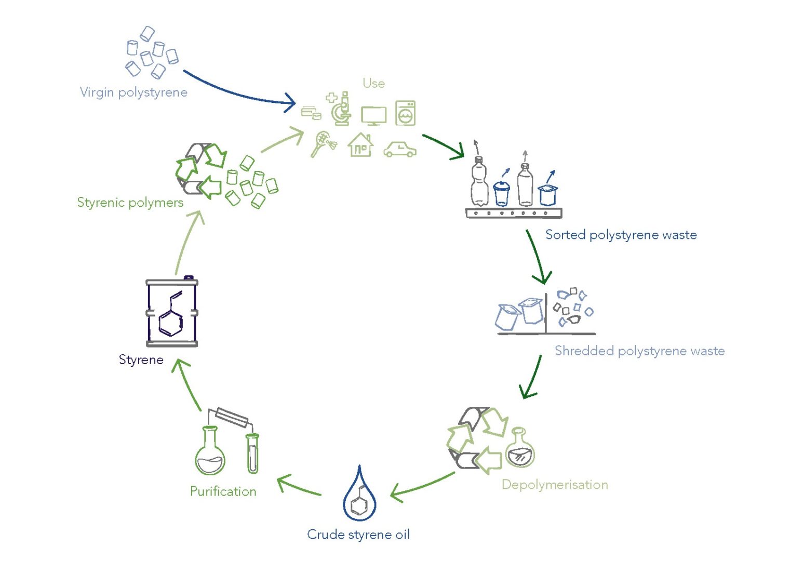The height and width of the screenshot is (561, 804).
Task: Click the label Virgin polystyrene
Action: click(133, 92)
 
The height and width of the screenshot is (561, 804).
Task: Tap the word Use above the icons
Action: click(373, 83)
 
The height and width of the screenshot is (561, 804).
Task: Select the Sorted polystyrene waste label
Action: click(621, 235)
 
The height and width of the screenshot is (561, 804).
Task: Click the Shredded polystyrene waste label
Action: click(639, 351)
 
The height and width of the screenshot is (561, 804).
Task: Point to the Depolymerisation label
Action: click(554, 485)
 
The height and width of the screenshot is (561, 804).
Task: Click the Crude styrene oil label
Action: click(358, 535)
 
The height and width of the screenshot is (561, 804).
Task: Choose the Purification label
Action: click(223, 491)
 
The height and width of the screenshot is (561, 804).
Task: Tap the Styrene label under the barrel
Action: click(141, 360)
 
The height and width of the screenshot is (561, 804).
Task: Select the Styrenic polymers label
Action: click(130, 203)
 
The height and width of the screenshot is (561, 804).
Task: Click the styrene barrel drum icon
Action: click(171, 313)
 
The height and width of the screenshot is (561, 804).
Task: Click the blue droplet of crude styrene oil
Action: click(359, 496)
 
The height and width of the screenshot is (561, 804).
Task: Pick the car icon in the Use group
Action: click(399, 149)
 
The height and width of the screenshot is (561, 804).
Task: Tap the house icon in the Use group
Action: click(360, 145)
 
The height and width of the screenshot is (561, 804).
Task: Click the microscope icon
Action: click(341, 109)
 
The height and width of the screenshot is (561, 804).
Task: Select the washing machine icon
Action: click(405, 113)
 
